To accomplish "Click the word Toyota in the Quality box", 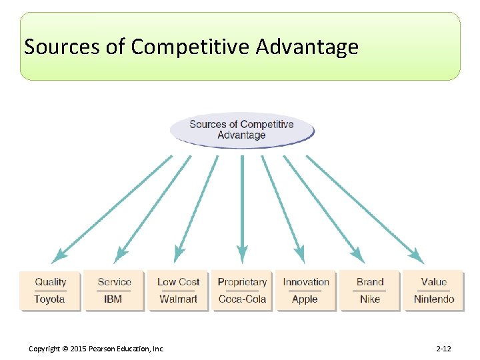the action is [x=49, y=299].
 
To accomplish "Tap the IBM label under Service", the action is [x=113, y=299].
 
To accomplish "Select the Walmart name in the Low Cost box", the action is [x=178, y=299].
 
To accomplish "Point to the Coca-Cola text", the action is [x=242, y=299].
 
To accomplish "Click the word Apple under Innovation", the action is [x=305, y=299].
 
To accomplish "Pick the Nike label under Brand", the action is [x=370, y=299].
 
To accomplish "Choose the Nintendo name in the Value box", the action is [x=434, y=299].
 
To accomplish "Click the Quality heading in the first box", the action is [x=51, y=282].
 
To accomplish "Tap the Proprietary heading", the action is [x=242, y=282].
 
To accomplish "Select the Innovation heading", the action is [x=306, y=282].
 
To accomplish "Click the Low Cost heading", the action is [x=178, y=282].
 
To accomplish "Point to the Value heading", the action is [x=434, y=282].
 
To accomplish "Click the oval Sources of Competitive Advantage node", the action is [x=241, y=129].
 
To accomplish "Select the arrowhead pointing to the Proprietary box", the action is [x=242, y=254].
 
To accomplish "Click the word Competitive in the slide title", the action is [x=191, y=47].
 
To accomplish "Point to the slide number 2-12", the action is [x=443, y=349].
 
